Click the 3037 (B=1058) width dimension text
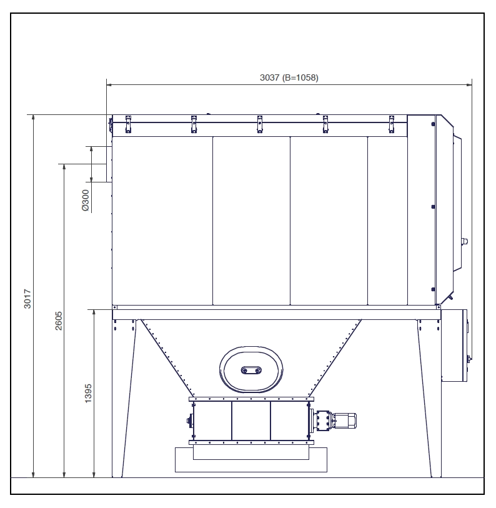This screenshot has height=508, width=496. point(289,77)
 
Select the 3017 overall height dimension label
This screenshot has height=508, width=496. point(28,299)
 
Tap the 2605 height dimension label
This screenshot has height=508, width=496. point(59,321)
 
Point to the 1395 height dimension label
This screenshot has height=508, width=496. point(88,393)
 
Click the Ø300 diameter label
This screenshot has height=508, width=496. point(86,200)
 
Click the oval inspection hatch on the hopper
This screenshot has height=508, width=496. point(250,369)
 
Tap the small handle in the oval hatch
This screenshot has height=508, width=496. point(251,370)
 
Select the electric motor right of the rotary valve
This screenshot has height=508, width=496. point(345,421)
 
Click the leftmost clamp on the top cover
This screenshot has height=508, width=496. point(128,124)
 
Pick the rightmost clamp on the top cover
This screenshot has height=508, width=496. point(391,124)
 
